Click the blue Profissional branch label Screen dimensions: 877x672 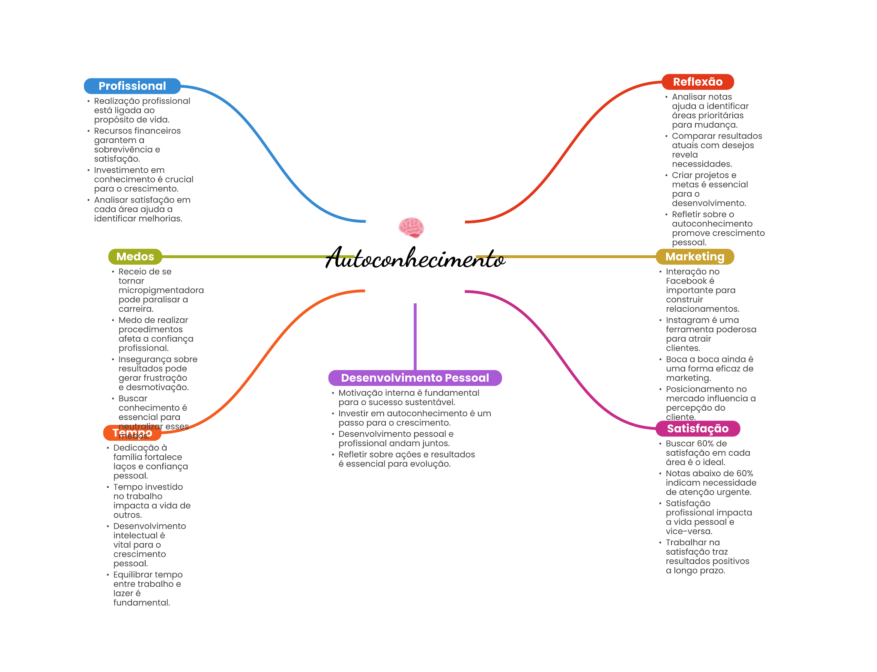click(132, 86)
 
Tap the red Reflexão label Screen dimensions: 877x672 click(698, 82)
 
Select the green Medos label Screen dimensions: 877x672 click(135, 257)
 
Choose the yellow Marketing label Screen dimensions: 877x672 click(695, 257)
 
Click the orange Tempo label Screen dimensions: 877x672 click(132, 433)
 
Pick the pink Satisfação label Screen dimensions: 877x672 click(698, 428)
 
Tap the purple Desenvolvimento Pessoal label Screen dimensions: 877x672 click(415, 378)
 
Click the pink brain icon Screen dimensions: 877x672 click(411, 227)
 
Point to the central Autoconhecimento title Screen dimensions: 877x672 click(415, 258)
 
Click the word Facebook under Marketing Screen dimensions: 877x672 click(686, 281)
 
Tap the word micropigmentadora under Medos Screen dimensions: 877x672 click(161, 290)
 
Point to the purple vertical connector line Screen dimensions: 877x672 click(415, 337)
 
